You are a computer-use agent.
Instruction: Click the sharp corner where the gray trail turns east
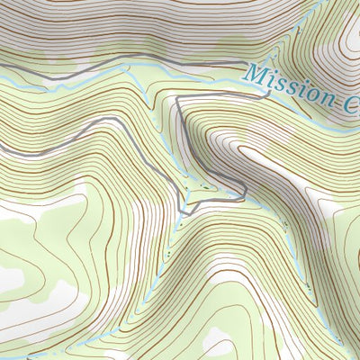(176, 97)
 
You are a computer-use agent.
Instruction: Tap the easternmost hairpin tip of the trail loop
(245, 191)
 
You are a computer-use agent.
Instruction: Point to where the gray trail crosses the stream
(186, 200)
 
